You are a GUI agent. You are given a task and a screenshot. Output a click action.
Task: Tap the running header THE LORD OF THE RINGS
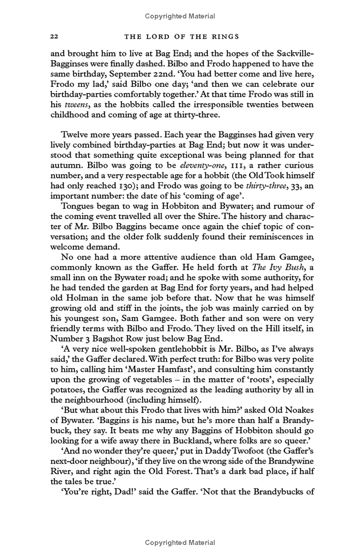180,36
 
